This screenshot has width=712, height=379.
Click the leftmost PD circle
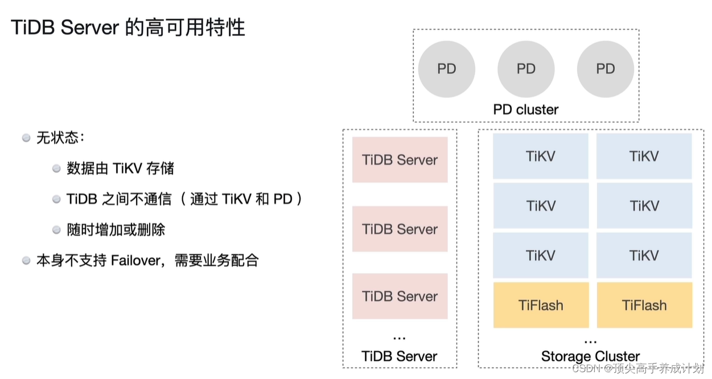(x=446, y=69)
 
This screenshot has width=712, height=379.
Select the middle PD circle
(x=526, y=69)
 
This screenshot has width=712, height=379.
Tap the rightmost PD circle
(x=605, y=69)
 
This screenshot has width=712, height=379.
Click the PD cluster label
(x=525, y=109)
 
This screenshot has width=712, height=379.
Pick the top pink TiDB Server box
(x=400, y=160)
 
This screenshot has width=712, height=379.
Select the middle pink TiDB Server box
(x=400, y=229)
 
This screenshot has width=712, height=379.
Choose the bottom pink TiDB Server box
(x=400, y=296)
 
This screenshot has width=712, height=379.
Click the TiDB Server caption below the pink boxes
(x=400, y=356)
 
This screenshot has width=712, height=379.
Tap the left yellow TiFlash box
(x=541, y=305)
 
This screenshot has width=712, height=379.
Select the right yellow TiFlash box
(x=644, y=305)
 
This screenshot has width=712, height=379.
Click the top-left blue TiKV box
(x=541, y=156)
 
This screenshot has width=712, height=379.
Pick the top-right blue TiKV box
(x=644, y=156)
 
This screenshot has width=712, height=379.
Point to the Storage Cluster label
(x=590, y=356)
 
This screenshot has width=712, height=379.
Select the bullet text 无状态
(x=60, y=138)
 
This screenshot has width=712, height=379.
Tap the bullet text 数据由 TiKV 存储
(x=120, y=168)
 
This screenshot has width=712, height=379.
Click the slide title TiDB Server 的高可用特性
(x=128, y=27)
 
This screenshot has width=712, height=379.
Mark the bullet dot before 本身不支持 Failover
(x=26, y=261)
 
